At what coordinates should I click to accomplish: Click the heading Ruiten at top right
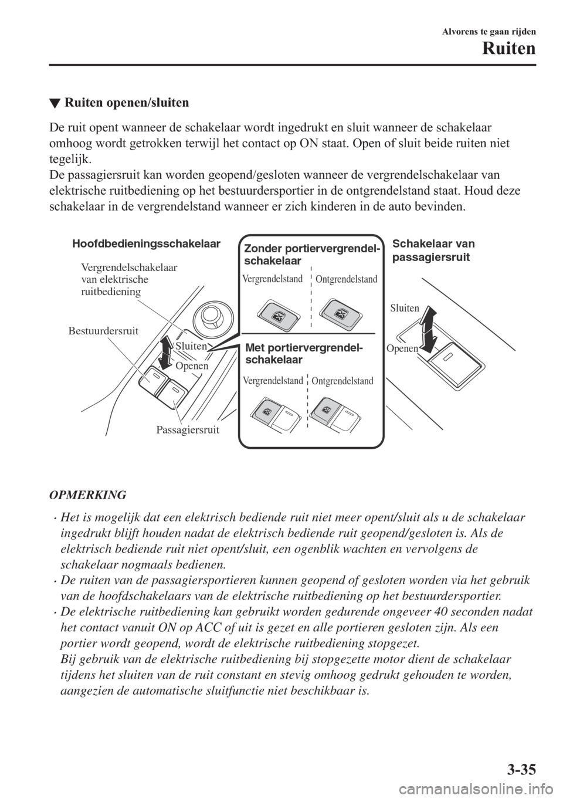pos(509,49)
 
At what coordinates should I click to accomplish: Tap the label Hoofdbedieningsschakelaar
pos(145,243)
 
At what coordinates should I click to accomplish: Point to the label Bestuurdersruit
pos(103,331)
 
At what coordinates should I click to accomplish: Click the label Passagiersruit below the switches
pos(188,430)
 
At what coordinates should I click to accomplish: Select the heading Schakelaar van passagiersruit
pos(433,250)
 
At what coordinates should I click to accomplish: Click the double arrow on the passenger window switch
pos(430,329)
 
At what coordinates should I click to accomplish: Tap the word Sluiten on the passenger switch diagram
pos(404,308)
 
